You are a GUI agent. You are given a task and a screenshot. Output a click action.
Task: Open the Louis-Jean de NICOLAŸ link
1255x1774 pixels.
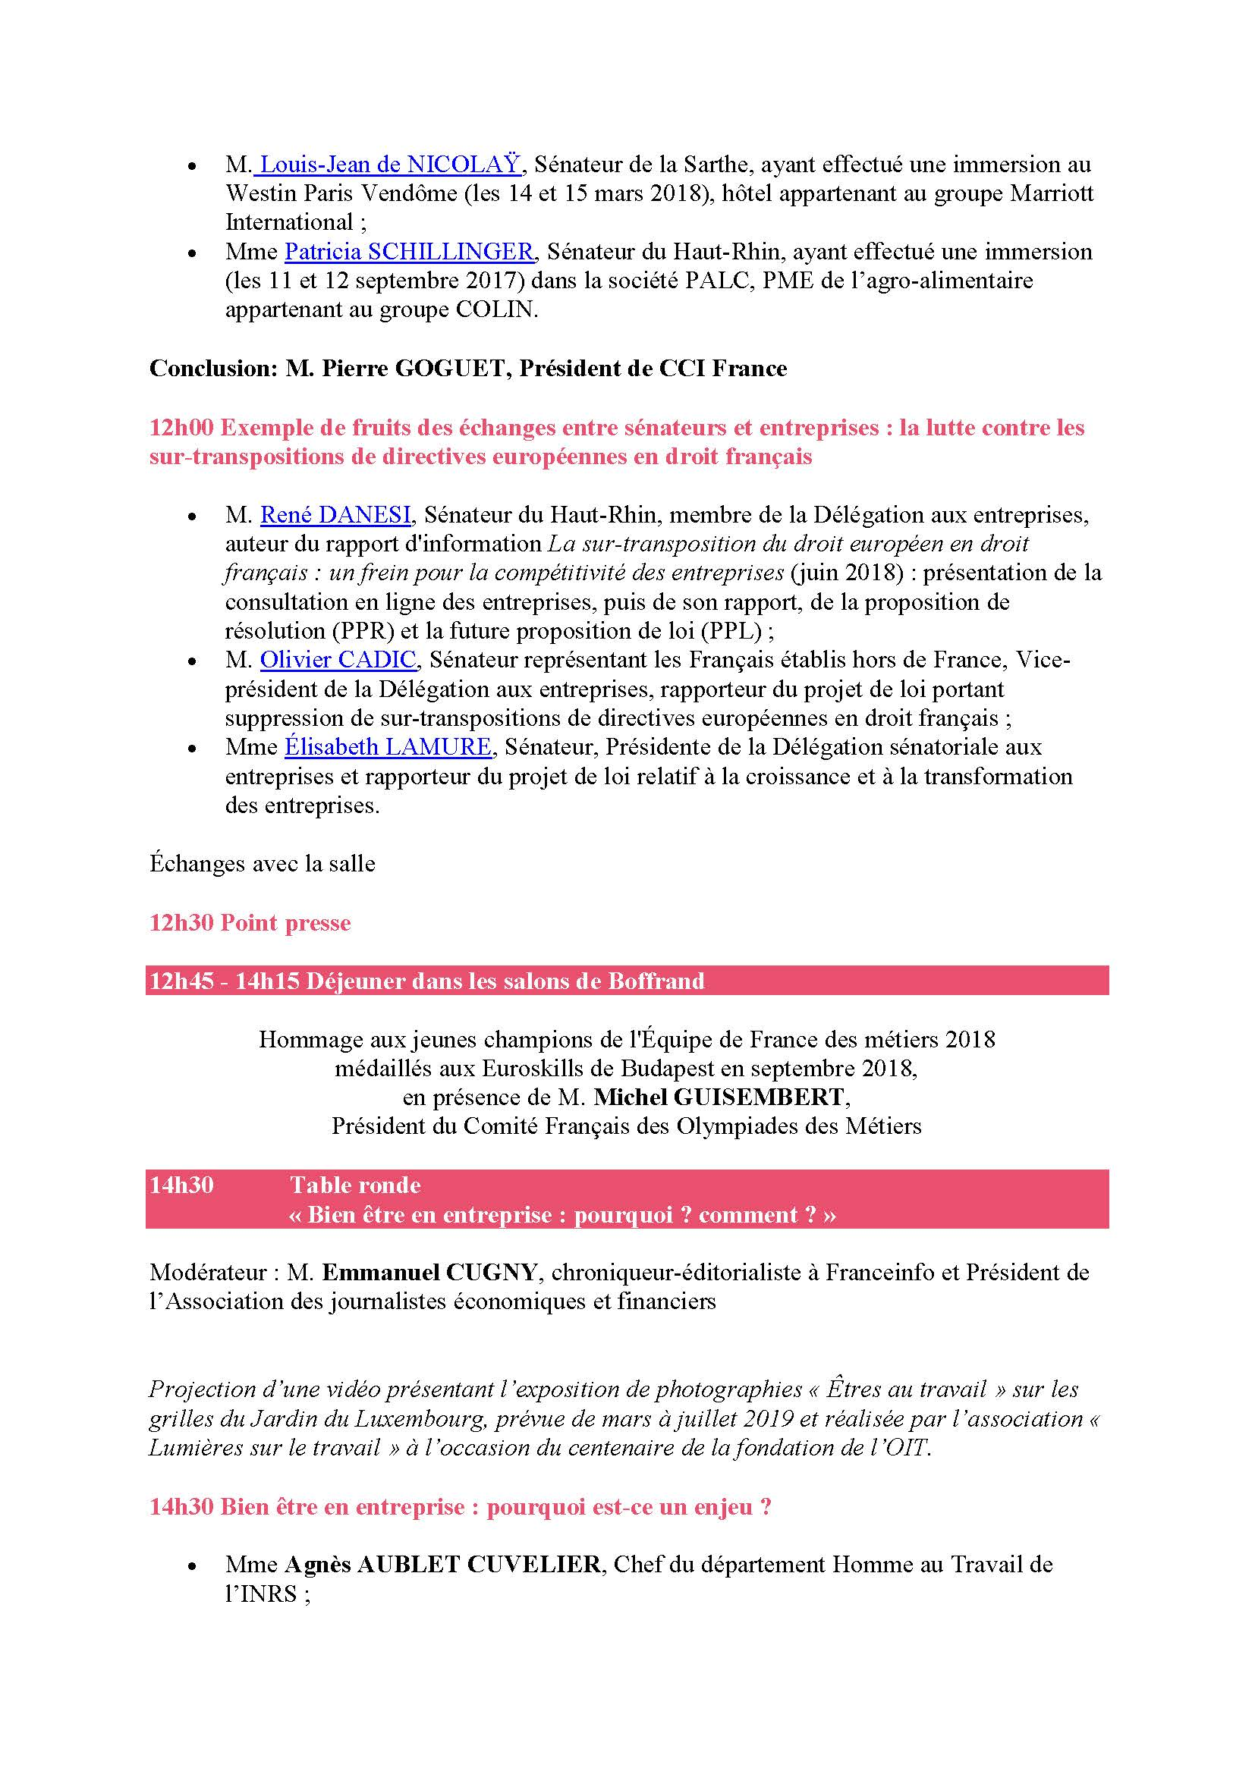pyautogui.click(x=391, y=165)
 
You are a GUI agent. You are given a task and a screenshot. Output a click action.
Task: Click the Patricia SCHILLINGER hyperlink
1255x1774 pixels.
pyautogui.click(x=409, y=252)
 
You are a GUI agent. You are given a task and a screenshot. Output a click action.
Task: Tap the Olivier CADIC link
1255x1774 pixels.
pyautogui.click(x=338, y=660)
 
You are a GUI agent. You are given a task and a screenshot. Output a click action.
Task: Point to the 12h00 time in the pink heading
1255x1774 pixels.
pyautogui.click(x=181, y=428)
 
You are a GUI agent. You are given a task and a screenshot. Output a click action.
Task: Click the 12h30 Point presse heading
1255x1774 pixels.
pyautogui.click(x=250, y=922)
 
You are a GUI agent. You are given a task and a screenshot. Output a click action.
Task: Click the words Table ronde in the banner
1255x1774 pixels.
pyautogui.click(x=354, y=1185)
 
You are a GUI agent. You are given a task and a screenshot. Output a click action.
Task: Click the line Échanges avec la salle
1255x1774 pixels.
pyautogui.click(x=262, y=863)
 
